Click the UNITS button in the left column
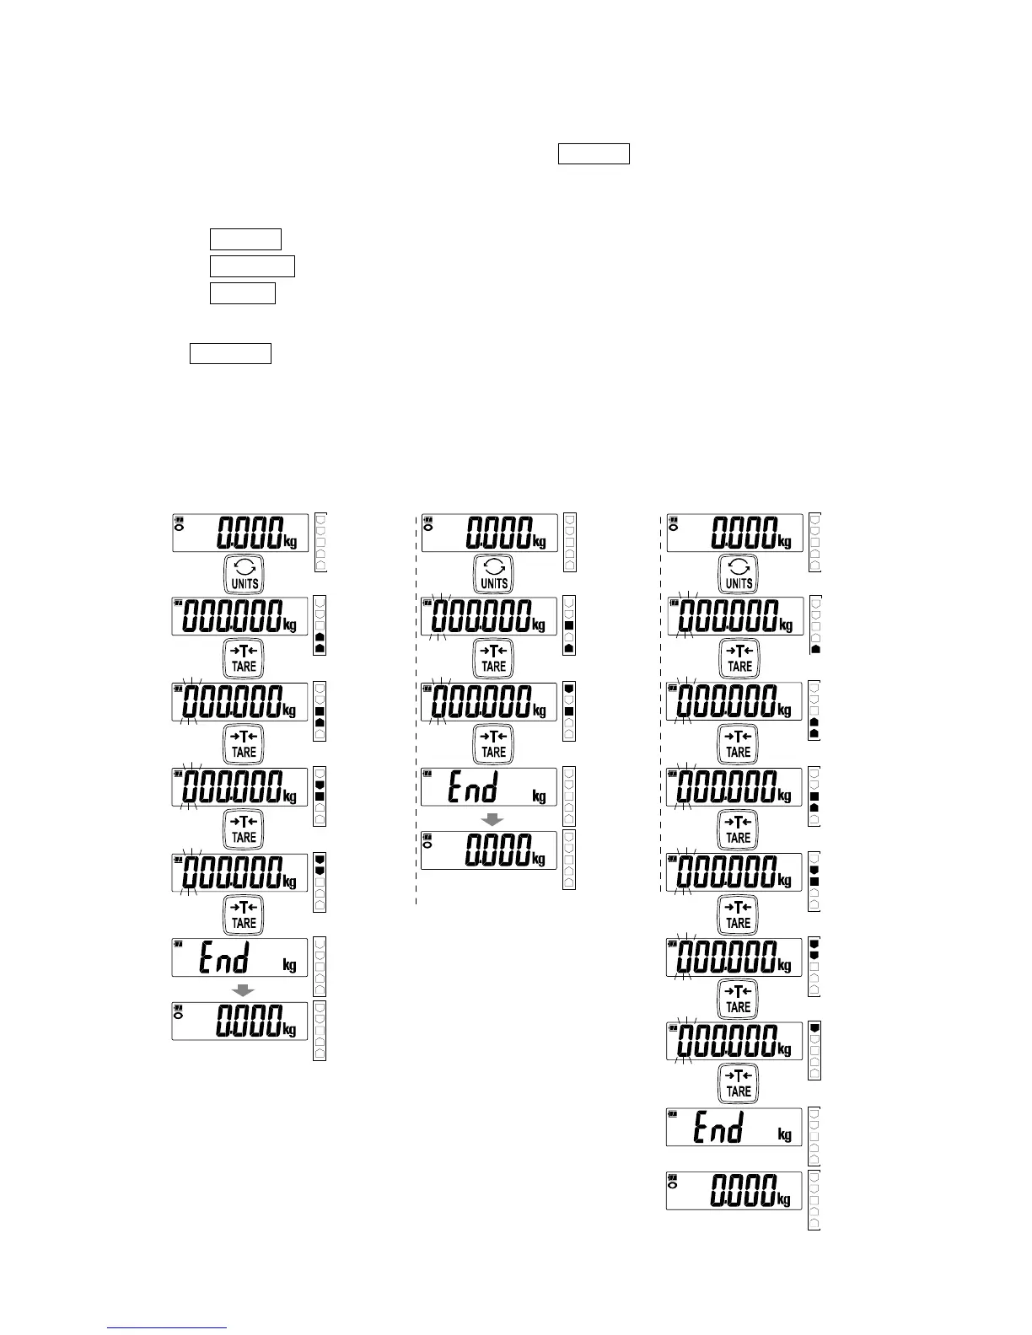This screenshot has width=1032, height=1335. (x=243, y=573)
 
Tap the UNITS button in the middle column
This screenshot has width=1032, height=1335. (x=493, y=573)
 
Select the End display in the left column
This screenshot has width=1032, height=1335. (x=239, y=957)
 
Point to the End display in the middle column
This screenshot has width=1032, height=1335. (x=489, y=787)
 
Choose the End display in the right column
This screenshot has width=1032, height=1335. (x=734, y=1126)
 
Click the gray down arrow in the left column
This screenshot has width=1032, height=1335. (x=243, y=989)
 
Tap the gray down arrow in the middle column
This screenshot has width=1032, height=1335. (x=492, y=818)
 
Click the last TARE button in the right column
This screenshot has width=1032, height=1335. (x=738, y=1082)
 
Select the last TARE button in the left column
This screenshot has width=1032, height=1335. (x=243, y=914)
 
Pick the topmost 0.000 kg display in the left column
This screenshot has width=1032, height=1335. (x=240, y=533)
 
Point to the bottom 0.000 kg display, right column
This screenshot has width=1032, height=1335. (x=734, y=1191)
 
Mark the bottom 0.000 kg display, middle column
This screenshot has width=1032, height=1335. (x=489, y=850)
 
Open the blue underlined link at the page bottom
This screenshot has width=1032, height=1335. (x=168, y=1327)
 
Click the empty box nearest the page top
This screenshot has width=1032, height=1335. (x=594, y=154)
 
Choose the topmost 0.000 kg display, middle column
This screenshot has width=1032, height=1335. (x=489, y=533)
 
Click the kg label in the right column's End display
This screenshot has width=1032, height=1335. (x=785, y=1134)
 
